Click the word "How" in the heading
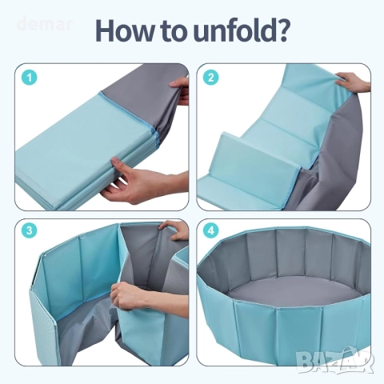tap(124, 30)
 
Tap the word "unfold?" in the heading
tap(242, 30)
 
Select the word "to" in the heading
tap(174, 31)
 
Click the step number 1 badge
tap(29, 78)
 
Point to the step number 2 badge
tap(210, 78)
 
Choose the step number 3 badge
tap(29, 230)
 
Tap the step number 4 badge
tap(210, 230)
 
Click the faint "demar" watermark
tap(45, 24)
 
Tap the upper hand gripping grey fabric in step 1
tap(179, 90)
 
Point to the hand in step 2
tap(353, 82)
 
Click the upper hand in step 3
tap(174, 230)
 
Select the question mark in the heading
tap(281, 30)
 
